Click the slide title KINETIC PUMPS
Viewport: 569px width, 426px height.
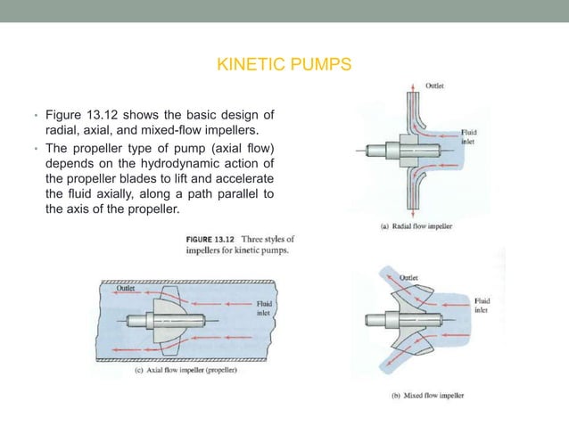[284, 65]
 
